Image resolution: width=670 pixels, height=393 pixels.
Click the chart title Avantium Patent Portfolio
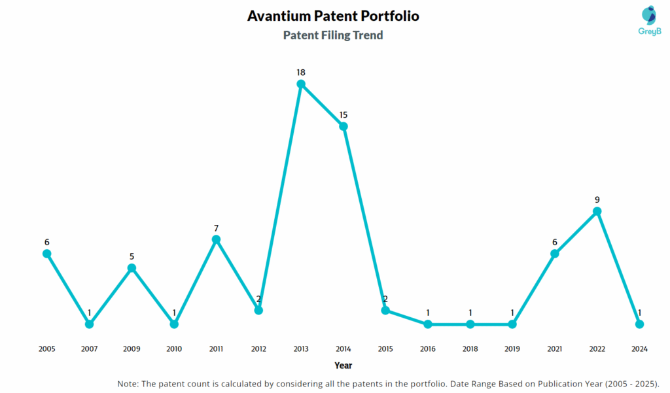(333, 16)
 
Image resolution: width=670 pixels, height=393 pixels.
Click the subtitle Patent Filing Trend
(333, 35)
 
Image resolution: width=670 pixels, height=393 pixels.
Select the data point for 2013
(301, 84)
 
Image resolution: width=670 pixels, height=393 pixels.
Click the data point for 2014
(344, 126)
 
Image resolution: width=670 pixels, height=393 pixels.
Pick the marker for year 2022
(597, 211)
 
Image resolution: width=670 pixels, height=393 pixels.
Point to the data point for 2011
(216, 239)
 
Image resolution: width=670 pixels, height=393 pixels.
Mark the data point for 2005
(47, 254)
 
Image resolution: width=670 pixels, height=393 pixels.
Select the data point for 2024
(639, 324)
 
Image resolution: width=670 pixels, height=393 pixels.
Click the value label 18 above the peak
(301, 72)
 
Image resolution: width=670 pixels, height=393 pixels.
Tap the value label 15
(344, 115)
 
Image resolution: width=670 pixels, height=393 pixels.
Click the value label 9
(597, 199)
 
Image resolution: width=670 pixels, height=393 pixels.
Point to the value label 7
(216, 228)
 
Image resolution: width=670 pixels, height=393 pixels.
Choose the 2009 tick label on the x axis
(132, 349)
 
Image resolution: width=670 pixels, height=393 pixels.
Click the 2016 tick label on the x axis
(428, 349)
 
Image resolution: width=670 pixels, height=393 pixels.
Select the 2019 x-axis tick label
(512, 349)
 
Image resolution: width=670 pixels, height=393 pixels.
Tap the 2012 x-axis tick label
(258, 349)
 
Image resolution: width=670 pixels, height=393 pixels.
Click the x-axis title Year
(343, 366)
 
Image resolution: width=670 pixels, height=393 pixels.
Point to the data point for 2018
(470, 324)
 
